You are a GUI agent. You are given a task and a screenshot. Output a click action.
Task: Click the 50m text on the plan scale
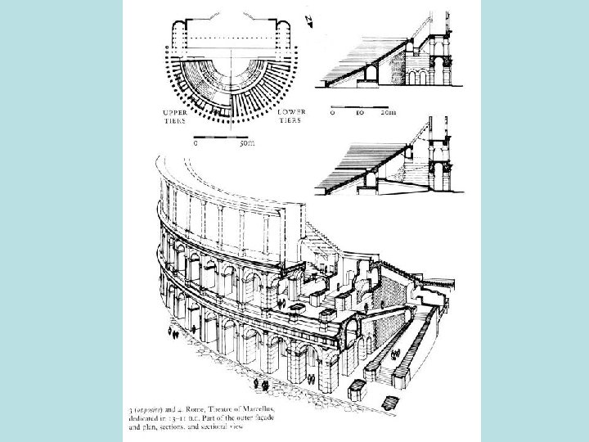click(246, 143)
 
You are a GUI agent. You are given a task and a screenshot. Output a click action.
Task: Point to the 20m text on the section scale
click(388, 114)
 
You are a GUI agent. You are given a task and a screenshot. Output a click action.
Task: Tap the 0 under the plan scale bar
click(195, 143)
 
